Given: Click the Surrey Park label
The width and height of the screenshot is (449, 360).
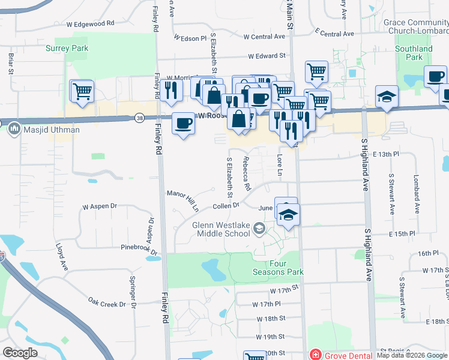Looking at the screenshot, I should [68, 49].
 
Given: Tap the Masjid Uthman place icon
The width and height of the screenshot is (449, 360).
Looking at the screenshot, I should [13, 129].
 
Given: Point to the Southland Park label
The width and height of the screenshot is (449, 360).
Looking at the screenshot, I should [414, 53].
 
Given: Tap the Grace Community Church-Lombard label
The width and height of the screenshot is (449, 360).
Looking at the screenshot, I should [415, 26].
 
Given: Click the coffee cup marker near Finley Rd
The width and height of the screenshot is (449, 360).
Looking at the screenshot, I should [183, 124].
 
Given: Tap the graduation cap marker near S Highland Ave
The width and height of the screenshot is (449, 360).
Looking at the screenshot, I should [387, 97].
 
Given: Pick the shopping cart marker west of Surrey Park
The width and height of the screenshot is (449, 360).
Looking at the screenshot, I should [82, 92].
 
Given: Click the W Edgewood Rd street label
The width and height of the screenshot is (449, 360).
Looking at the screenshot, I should [90, 23].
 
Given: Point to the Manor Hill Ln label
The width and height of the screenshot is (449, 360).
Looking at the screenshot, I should [183, 200].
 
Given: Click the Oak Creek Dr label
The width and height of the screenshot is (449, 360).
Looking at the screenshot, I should [107, 302].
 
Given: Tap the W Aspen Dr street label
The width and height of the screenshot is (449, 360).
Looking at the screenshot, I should [100, 206].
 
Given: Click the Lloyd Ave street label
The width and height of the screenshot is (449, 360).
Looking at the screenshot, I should [60, 254].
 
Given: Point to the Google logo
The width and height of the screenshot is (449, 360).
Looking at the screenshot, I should [20, 353].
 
